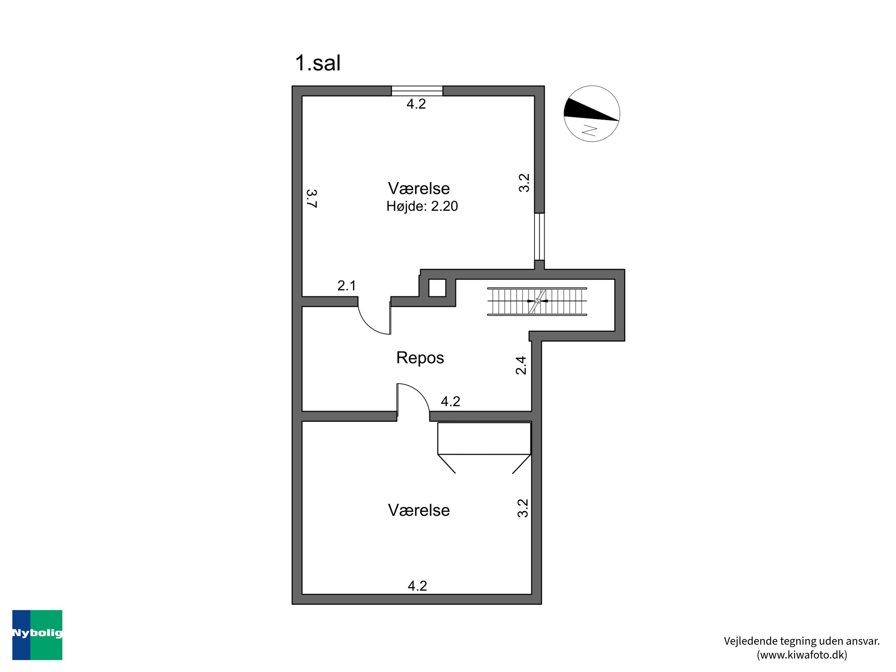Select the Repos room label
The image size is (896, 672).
coord(420,358)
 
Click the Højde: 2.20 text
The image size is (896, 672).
coord(422,206)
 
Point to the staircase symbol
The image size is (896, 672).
coord(537,301)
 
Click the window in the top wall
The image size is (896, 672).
coord(417,91)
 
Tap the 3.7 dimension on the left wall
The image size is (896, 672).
coord(312,199)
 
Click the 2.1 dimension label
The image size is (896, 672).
coord(347,286)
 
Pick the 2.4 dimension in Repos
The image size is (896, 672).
coord(521,365)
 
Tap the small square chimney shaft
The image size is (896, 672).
coord(437,288)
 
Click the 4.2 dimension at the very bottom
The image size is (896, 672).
coord(417,586)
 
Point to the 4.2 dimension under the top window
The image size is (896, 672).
coord(416,104)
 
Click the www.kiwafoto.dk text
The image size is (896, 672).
coord(802,655)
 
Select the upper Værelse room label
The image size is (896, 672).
coord(419,188)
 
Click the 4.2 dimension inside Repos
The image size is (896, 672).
coord(450,401)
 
